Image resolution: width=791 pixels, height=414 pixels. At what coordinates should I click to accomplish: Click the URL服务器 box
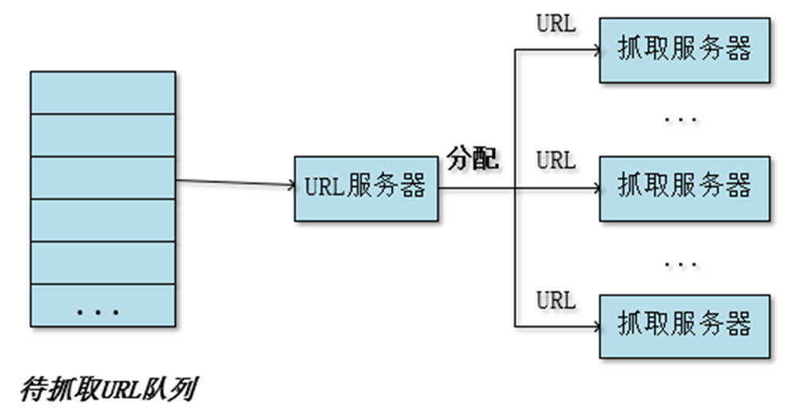coord(366,189)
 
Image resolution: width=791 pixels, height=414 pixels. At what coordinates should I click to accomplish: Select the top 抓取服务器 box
coord(684,49)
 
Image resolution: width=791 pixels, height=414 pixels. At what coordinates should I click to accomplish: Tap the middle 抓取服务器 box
coord(684,188)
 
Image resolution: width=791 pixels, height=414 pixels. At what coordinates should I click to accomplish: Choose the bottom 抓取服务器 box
coord(684,325)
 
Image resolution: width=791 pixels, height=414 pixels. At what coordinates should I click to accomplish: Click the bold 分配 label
coord(473,159)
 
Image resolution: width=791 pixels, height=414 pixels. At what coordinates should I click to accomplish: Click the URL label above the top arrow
coord(555,23)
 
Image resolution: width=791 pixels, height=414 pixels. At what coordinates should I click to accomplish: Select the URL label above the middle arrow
coord(555,161)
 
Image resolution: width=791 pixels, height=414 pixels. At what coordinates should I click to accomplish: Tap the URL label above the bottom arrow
coord(555,300)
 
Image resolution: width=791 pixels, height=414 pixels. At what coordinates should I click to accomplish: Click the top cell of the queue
coord(102,92)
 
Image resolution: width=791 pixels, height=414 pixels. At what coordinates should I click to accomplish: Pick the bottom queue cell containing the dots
coord(102,306)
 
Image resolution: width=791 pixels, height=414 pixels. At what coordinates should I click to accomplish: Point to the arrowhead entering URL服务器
coord(290,186)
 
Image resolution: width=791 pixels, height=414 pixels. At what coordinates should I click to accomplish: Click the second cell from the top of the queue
coord(102,135)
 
